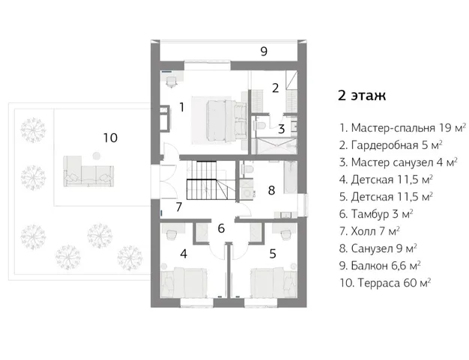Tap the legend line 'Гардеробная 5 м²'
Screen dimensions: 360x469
coord(390,144)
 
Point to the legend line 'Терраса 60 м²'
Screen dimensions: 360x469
coord(384,282)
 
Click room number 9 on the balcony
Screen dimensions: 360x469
coord(264,52)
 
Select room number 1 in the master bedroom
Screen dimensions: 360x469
coord(181,108)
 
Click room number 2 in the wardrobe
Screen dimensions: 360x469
coord(275,88)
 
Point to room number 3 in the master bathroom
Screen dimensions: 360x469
coord(281,129)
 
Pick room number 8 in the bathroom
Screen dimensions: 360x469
coord(272,190)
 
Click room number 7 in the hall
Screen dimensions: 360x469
coord(179,207)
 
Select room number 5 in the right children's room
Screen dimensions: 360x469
coord(272,254)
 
